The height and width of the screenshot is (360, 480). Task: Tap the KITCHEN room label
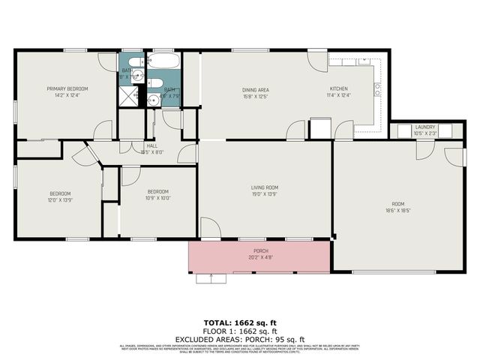tap(339, 88)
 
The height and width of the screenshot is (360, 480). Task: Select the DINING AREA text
tap(255, 88)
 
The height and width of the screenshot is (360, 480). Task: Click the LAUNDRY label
tap(425, 127)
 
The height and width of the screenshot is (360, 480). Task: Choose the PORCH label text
tap(260, 250)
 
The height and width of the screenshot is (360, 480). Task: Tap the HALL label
tap(151, 145)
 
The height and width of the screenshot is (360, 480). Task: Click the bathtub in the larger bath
tap(163, 62)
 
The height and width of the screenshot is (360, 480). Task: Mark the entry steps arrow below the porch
tap(212, 278)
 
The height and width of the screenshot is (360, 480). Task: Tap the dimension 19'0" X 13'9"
tap(265, 194)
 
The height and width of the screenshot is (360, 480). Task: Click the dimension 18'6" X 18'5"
tap(397, 210)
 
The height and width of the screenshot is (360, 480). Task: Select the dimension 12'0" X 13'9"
tap(60, 200)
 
